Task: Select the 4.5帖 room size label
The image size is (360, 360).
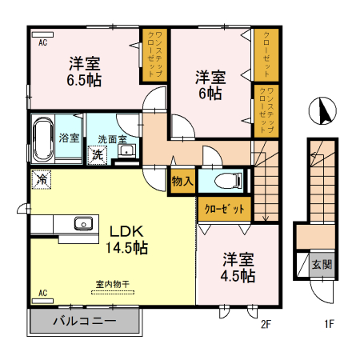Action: click(238, 276)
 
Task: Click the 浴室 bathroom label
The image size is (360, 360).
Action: click(70, 138)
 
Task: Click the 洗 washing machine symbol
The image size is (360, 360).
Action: click(98, 154)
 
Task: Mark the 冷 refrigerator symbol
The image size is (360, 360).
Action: click(40, 181)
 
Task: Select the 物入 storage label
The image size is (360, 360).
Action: click(182, 182)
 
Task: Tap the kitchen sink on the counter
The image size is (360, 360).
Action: click(83, 223)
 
